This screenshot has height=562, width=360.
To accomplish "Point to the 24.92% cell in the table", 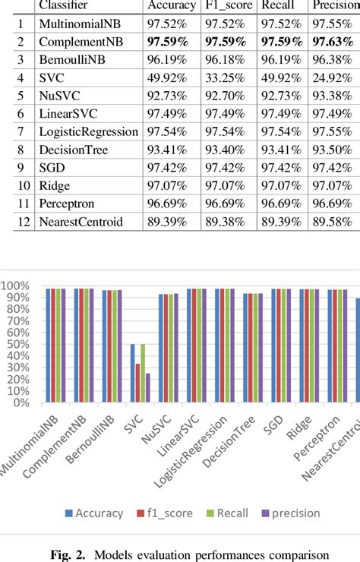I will point(335,98).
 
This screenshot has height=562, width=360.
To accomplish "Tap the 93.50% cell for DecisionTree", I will point(335,169).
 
